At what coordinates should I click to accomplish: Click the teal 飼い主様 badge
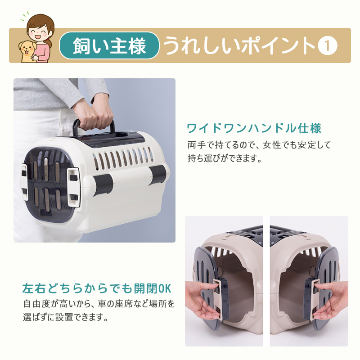pos(109,45)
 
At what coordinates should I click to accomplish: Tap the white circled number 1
pos(328,46)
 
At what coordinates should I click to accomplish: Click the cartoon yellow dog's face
pos(26,49)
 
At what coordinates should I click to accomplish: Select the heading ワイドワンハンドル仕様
pos(254,128)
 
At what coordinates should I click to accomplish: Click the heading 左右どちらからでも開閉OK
pos(97,288)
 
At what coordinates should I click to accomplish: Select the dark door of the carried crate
pos(49,181)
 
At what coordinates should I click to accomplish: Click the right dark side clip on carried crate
pos(158,174)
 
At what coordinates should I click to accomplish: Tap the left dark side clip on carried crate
pos(103,184)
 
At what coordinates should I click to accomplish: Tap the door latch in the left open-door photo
pos(220,298)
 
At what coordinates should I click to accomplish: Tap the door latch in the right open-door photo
pos(312,298)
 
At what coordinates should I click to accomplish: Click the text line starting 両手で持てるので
pos(259,145)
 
